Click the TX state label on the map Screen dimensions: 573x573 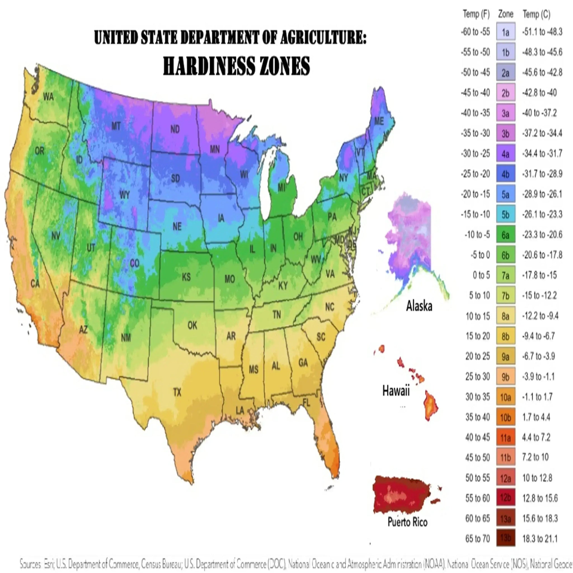click(x=177, y=392)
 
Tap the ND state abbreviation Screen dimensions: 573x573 click(x=175, y=129)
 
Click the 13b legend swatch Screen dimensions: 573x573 click(x=506, y=538)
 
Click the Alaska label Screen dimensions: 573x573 click(x=419, y=306)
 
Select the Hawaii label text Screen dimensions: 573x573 click(x=396, y=390)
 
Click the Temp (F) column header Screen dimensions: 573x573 click(x=476, y=14)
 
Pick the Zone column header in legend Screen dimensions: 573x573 click(x=506, y=14)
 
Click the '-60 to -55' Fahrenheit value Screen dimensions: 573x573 click(x=475, y=32)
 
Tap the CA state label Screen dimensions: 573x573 click(x=35, y=284)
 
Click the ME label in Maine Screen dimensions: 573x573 click(x=379, y=121)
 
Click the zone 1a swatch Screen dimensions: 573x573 click(x=506, y=32)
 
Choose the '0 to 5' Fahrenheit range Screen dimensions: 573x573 click(x=481, y=275)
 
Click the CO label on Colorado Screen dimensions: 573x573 click(x=135, y=263)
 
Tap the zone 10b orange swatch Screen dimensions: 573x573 click(x=506, y=417)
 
